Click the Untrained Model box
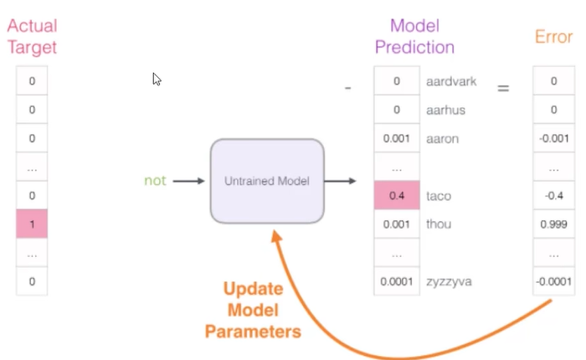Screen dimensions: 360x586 [x=266, y=181]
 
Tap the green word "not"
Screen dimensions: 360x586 [x=155, y=181]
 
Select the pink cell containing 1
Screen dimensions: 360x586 [x=32, y=224]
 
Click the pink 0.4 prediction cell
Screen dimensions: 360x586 [x=395, y=196]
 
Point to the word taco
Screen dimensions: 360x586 [x=438, y=196]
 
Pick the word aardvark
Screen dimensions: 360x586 [x=450, y=81]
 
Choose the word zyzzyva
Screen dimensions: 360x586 [x=448, y=281]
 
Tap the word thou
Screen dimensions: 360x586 [x=438, y=224]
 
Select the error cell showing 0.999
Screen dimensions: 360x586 [x=553, y=224]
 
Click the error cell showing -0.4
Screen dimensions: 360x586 [x=553, y=196]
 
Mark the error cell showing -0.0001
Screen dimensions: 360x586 [x=553, y=281]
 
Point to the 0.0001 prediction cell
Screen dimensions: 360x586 [x=395, y=281]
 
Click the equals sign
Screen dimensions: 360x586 [x=503, y=86]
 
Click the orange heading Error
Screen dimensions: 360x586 [x=553, y=38]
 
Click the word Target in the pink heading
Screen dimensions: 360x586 [x=32, y=46]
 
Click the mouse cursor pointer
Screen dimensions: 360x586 [x=157, y=79]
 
